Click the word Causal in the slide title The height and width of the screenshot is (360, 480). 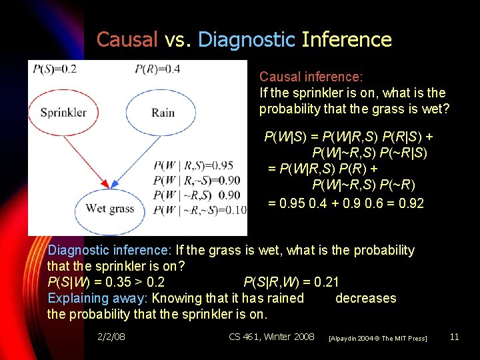127,40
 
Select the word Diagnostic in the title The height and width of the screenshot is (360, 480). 246,40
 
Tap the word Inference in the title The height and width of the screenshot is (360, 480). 347,40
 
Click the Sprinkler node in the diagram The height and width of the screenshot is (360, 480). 63,112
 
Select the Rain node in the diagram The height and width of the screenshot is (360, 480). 163,112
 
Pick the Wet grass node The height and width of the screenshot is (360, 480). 110,208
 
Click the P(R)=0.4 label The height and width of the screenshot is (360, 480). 157,69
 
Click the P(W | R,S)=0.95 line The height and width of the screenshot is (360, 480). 193,165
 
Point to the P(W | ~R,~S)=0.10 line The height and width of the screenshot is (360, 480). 199,211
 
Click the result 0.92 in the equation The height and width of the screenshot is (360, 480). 409,203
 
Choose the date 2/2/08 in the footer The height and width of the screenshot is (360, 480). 111,337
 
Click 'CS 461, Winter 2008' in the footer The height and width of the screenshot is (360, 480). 271,337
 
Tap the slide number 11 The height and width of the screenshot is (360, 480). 455,337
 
